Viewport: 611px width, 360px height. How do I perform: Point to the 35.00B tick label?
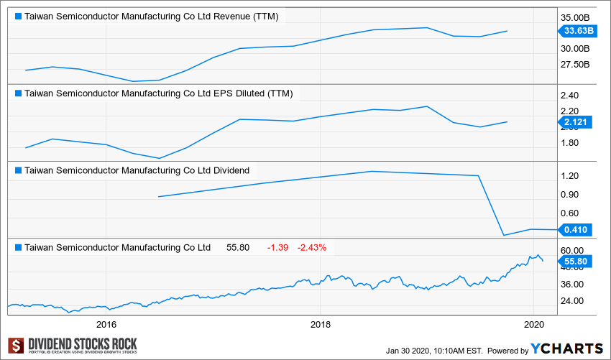pos(576,17)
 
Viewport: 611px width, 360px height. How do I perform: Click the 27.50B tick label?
pos(576,65)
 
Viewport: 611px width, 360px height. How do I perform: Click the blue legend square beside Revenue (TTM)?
pos(18,16)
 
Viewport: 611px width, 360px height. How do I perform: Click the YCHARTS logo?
pos(566,349)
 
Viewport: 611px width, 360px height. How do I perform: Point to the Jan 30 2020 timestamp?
pos(433,351)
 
